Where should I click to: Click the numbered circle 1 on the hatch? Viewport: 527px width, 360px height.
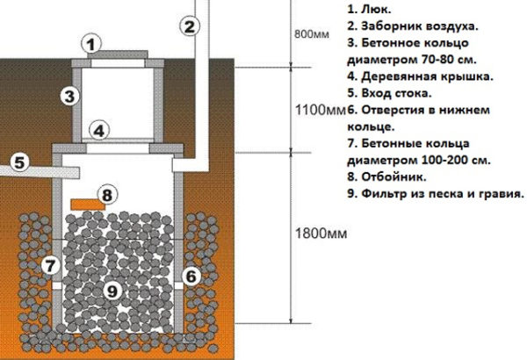pos(94,43)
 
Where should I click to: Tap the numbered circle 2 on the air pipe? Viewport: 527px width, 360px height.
pos(187,25)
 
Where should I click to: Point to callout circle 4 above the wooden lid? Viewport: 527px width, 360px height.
pos(101,131)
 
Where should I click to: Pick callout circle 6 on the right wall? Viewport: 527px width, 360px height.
pos(188,276)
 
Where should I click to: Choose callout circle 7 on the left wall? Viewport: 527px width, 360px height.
pos(50,264)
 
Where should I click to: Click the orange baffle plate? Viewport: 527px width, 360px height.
pos(82,204)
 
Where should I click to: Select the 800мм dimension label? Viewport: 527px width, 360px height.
pos(307,36)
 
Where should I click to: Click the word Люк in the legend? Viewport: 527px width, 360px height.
pos(363,9)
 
